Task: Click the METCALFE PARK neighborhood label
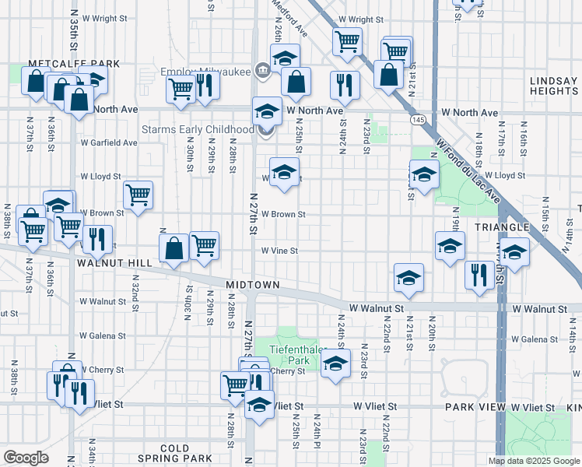click(74, 64)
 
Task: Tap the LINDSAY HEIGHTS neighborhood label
click(552, 86)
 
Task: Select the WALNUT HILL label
click(114, 264)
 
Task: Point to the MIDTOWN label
click(253, 285)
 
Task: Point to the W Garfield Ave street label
click(109, 142)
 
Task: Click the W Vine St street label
click(279, 251)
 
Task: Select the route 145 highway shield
click(419, 120)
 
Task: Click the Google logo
click(26, 458)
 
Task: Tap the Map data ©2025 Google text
click(534, 461)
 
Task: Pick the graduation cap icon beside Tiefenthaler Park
click(335, 364)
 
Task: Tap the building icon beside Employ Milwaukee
click(262, 71)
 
